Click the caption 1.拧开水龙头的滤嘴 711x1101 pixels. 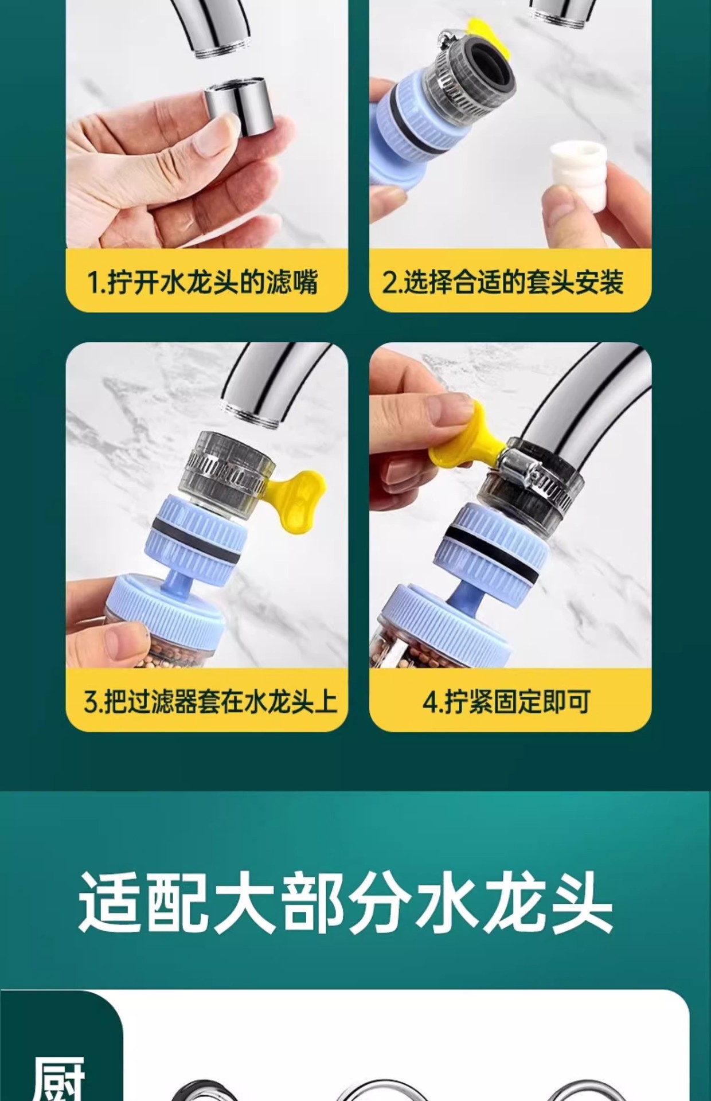point(202,282)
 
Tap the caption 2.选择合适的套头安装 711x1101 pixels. point(503,282)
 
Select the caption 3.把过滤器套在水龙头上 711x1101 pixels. point(210,701)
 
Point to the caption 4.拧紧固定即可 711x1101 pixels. point(506,701)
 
